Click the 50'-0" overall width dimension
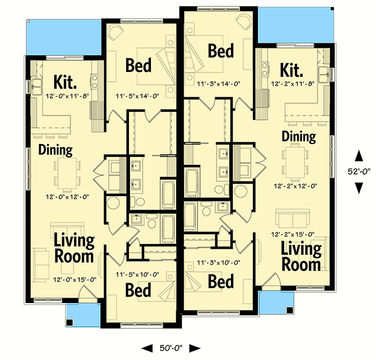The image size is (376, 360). pyautogui.click(x=171, y=348)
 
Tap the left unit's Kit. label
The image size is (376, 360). pyautogui.click(x=65, y=83)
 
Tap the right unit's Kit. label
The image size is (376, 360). pyautogui.click(x=292, y=70)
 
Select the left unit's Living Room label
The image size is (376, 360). pyautogui.click(x=74, y=248)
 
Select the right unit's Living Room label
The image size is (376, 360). pyautogui.click(x=301, y=257)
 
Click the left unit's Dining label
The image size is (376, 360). pyautogui.click(x=55, y=150)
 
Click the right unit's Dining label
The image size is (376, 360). pyautogui.click(x=299, y=136)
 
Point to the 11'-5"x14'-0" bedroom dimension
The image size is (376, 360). pyautogui.click(x=138, y=97)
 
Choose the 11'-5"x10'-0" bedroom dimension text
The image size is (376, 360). pyautogui.click(x=138, y=275)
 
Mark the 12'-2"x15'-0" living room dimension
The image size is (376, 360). pyautogui.click(x=301, y=234)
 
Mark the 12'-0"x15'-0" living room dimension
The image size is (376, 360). pyautogui.click(x=74, y=279)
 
